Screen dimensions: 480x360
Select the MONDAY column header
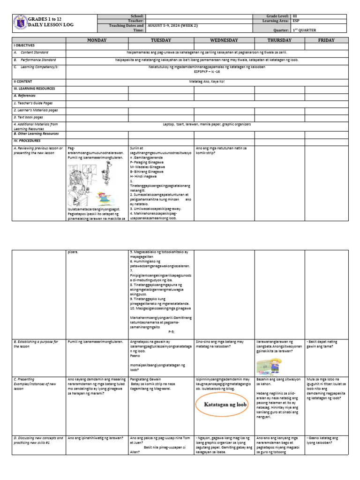click(x=97, y=40)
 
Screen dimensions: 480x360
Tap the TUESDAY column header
click(x=161, y=40)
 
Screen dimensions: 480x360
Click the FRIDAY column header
click(x=326, y=40)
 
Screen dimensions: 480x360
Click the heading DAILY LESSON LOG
click(x=51, y=24)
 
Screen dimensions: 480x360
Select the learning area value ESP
click(x=296, y=21)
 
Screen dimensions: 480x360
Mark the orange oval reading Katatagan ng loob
click(x=225, y=404)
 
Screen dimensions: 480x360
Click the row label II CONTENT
click(x=23, y=81)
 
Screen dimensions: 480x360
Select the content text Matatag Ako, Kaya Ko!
click(x=206, y=81)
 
